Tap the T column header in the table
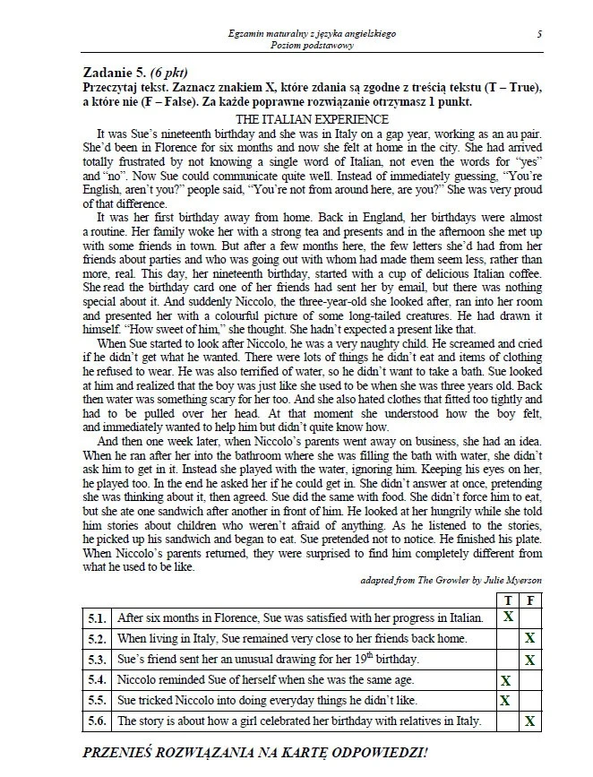[508, 600]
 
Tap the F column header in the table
[530, 600]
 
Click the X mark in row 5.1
[508, 617]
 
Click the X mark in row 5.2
[530, 638]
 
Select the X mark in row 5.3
[530, 660]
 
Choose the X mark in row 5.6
[530, 721]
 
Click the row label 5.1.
[98, 617]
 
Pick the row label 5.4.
[98, 680]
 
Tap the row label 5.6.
[98, 721]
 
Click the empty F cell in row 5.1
[530, 617]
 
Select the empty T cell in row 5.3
[508, 660]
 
